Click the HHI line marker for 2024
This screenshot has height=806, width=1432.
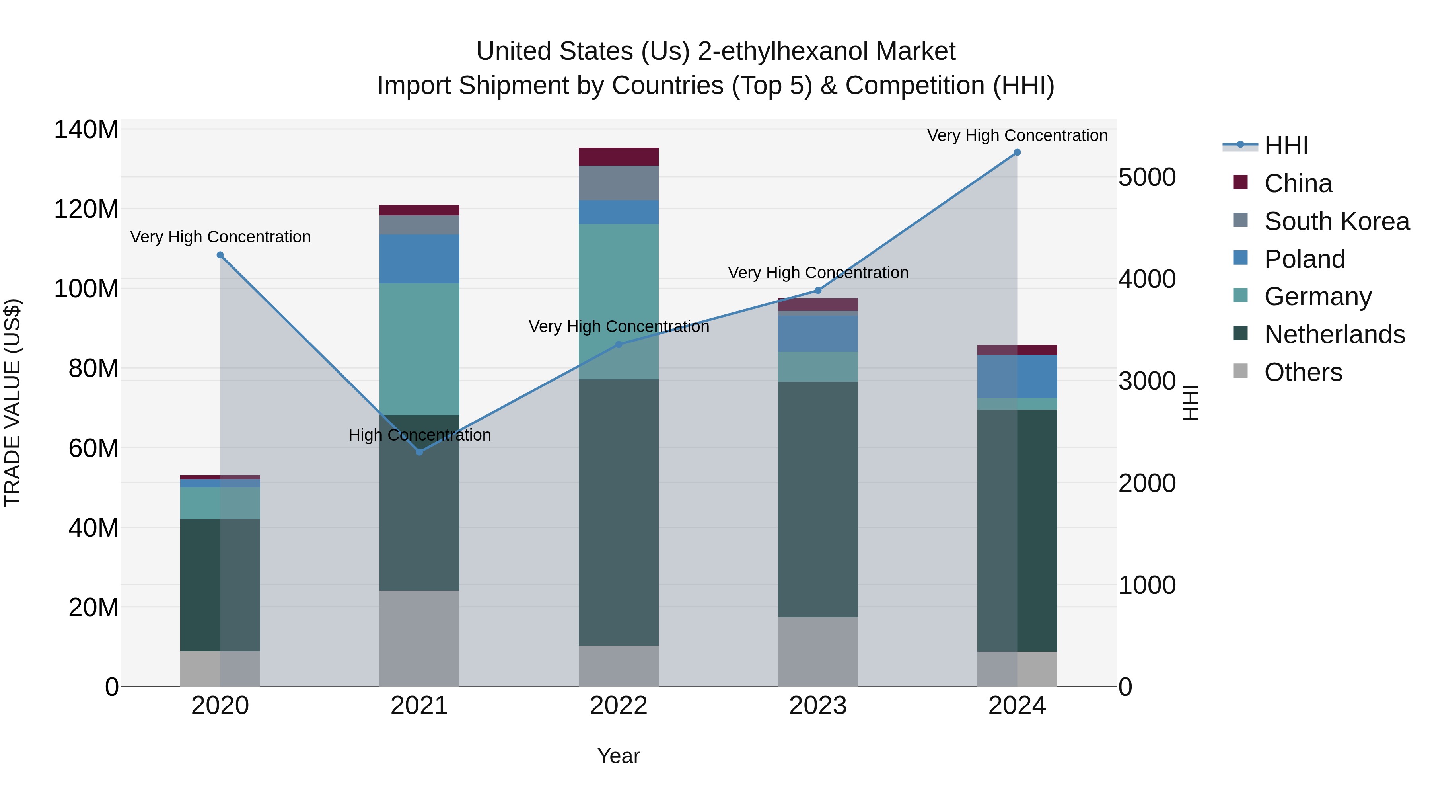(x=1017, y=152)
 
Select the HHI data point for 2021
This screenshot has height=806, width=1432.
(x=420, y=452)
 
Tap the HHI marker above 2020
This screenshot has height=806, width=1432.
(x=220, y=255)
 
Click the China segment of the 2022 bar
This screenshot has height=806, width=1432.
(x=618, y=157)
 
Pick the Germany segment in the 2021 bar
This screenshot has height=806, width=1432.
(x=419, y=349)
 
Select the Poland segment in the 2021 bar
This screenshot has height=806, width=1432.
(x=419, y=259)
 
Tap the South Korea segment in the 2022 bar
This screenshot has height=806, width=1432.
(x=618, y=183)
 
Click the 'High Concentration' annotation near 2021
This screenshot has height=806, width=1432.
(x=420, y=435)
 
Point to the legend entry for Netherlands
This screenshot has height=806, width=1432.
(x=1334, y=334)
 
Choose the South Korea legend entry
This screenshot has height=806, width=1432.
(x=1337, y=221)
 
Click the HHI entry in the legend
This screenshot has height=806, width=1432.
(x=1286, y=146)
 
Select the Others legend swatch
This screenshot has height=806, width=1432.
(x=1240, y=371)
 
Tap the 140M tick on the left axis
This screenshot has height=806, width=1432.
(x=86, y=130)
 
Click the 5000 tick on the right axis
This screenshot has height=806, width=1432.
(x=1147, y=178)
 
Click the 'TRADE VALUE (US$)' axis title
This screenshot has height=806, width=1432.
(x=12, y=403)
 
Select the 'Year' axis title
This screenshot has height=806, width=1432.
(x=618, y=756)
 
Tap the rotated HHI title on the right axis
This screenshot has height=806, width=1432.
(x=1190, y=403)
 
